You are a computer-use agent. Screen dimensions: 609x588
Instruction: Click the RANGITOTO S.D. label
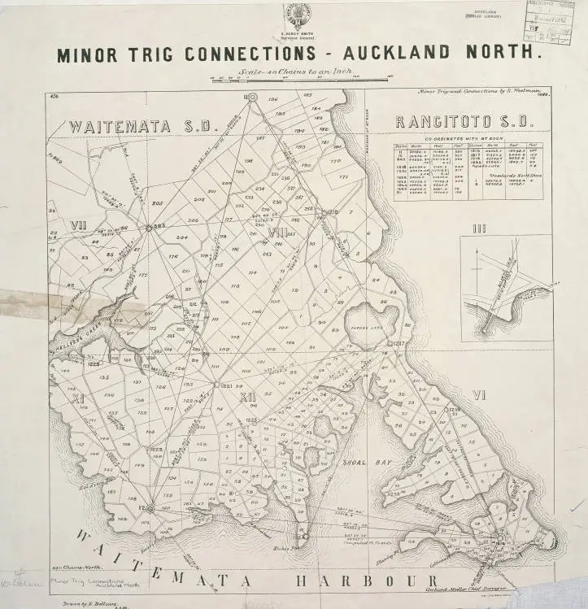[463, 123]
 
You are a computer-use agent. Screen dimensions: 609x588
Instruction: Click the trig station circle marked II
[252, 98]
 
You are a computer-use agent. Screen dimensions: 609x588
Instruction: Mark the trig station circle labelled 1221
[216, 385]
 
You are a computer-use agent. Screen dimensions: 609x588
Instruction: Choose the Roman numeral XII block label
[248, 397]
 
